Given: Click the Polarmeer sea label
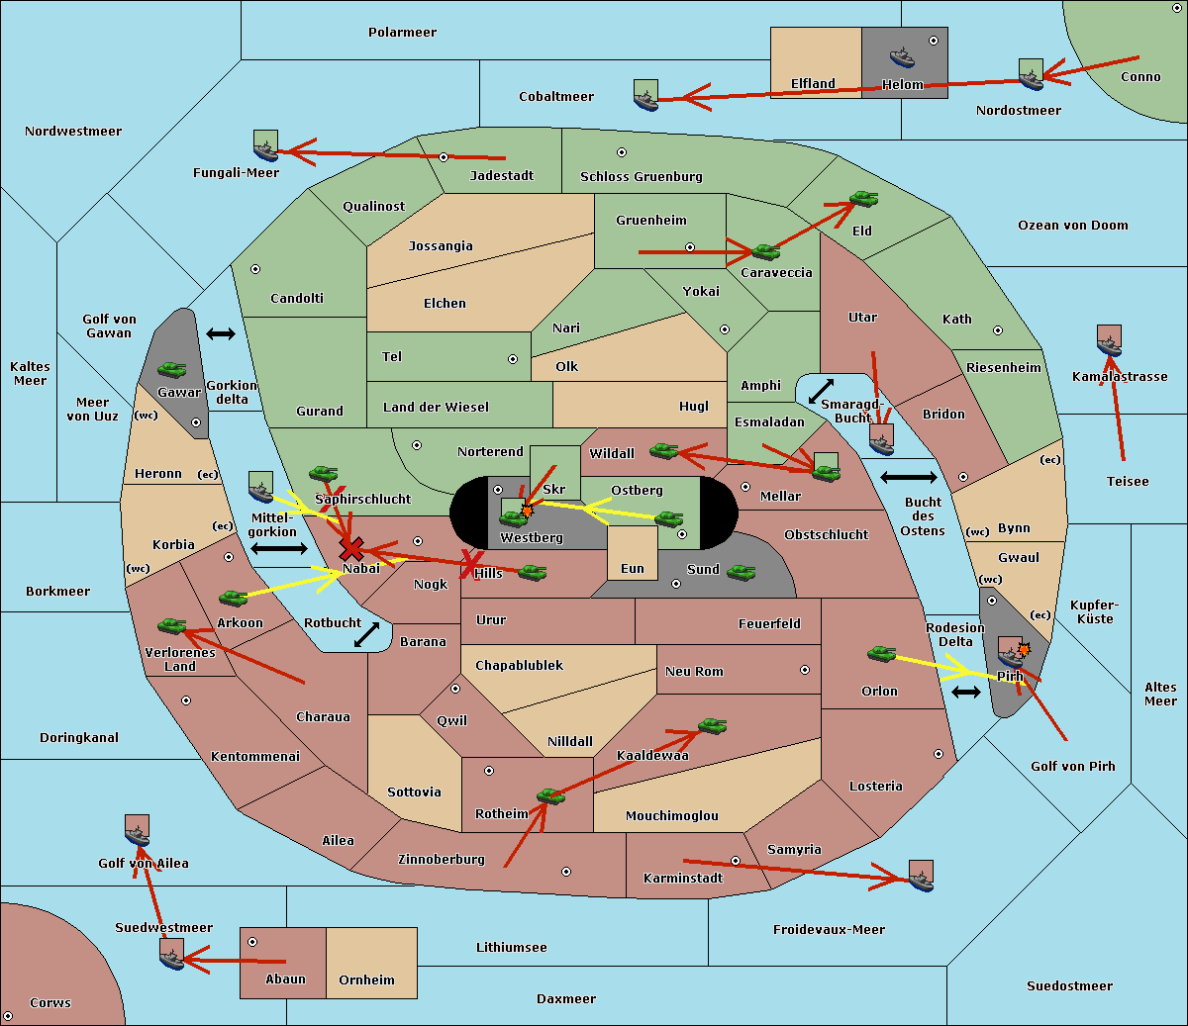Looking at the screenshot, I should (402, 33).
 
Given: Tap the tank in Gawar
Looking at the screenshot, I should (172, 370).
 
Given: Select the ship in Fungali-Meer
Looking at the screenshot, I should (265, 146).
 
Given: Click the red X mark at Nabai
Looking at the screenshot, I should (350, 549).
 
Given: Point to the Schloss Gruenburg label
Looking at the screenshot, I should (641, 177).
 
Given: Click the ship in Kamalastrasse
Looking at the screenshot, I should (1109, 341).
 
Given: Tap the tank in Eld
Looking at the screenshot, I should (864, 199).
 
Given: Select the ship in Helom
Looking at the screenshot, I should (902, 55).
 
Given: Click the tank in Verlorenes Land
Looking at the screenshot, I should (172, 626).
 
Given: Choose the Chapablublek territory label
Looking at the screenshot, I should (519, 666).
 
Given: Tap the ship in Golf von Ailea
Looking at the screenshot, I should (138, 832).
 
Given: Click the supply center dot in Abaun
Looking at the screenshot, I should (252, 942).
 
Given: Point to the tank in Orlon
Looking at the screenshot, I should (881, 654).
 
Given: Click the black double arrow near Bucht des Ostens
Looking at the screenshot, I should (908, 478).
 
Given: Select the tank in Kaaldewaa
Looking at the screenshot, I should (712, 726).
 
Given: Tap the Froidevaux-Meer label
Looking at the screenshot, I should (829, 930).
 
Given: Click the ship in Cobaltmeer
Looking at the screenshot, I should (645, 95).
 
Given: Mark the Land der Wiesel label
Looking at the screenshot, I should (436, 408).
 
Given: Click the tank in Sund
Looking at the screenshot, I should (742, 572).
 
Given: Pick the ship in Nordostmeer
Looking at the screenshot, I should (1031, 75).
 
